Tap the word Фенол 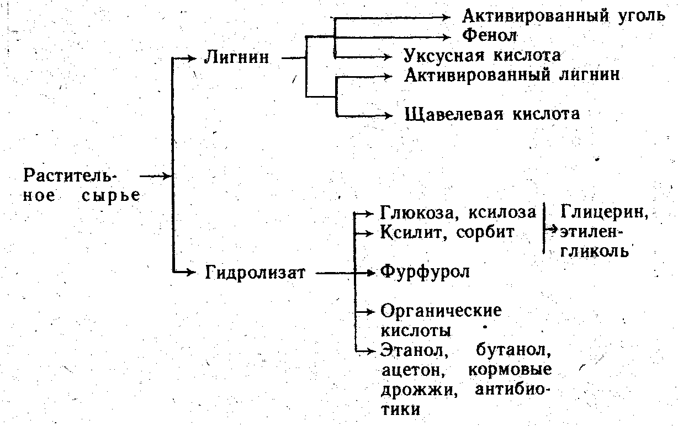(x=489, y=36)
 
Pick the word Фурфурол (x=425, y=273)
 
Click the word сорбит (x=485, y=232)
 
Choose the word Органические (x=441, y=311)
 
